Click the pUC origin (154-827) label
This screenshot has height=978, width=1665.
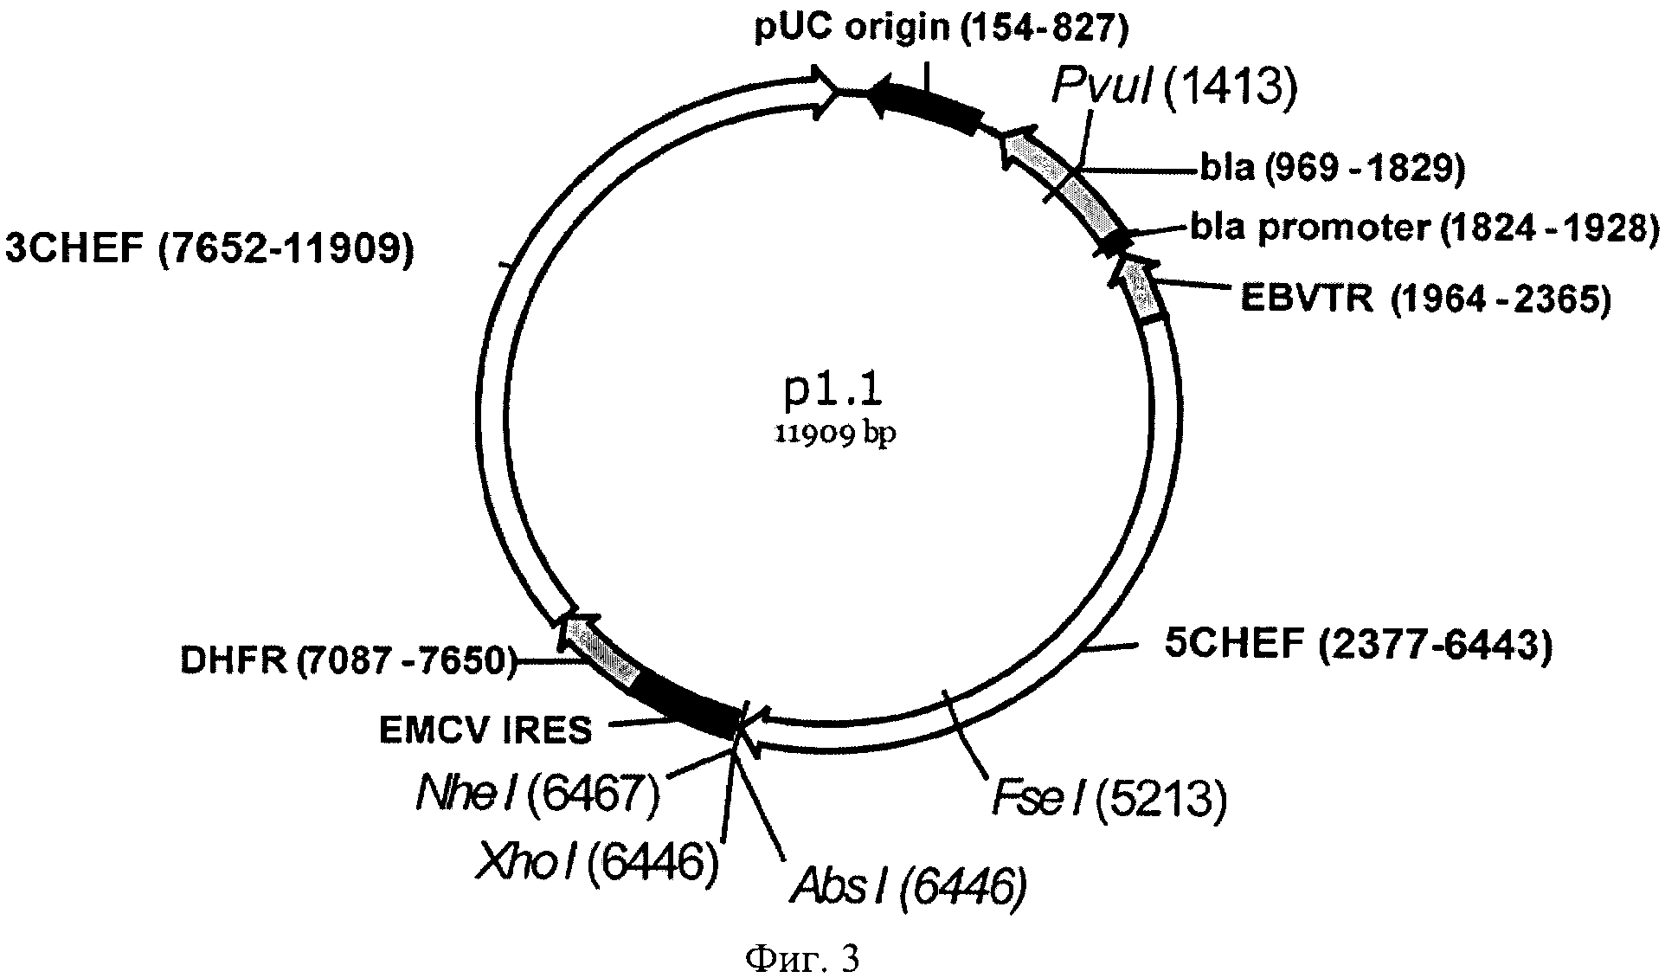pyautogui.click(x=941, y=29)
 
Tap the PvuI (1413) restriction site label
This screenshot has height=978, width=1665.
pyautogui.click(x=1174, y=89)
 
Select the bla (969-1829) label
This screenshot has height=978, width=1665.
pyautogui.click(x=1332, y=168)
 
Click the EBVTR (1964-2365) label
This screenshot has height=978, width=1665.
pyautogui.click(x=1425, y=299)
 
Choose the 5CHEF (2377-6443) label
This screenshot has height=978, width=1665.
pyautogui.click(x=1357, y=644)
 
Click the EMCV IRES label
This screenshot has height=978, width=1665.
pyautogui.click(x=485, y=730)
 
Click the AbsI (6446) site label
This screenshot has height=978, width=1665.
pyautogui.click(x=908, y=886)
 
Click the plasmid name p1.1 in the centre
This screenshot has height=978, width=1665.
pyautogui.click(x=832, y=392)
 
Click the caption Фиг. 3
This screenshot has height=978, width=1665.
pyautogui.click(x=801, y=958)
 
